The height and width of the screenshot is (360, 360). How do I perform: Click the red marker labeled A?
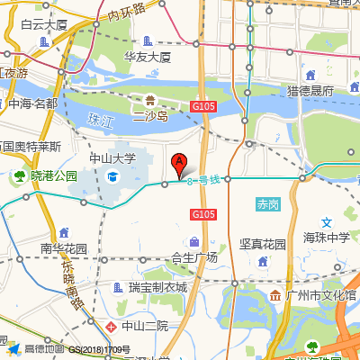[179, 166]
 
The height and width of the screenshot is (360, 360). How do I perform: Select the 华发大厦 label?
[148, 57]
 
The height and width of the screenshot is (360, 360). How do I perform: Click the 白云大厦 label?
[44, 24]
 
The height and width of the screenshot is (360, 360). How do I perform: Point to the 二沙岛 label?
[150, 116]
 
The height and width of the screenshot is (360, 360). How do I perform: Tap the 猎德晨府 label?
[310, 91]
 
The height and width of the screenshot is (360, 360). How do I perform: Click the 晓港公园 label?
[53, 176]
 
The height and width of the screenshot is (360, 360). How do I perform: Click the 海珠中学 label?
[326, 238]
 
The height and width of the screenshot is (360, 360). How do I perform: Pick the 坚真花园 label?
[263, 244]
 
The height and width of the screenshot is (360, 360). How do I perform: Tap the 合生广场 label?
[194, 257]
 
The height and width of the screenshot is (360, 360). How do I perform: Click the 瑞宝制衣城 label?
[157, 288]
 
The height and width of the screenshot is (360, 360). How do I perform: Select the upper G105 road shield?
[203, 107]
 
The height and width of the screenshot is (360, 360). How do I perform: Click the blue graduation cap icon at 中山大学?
[112, 178]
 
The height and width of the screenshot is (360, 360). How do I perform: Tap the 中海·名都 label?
[33, 103]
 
